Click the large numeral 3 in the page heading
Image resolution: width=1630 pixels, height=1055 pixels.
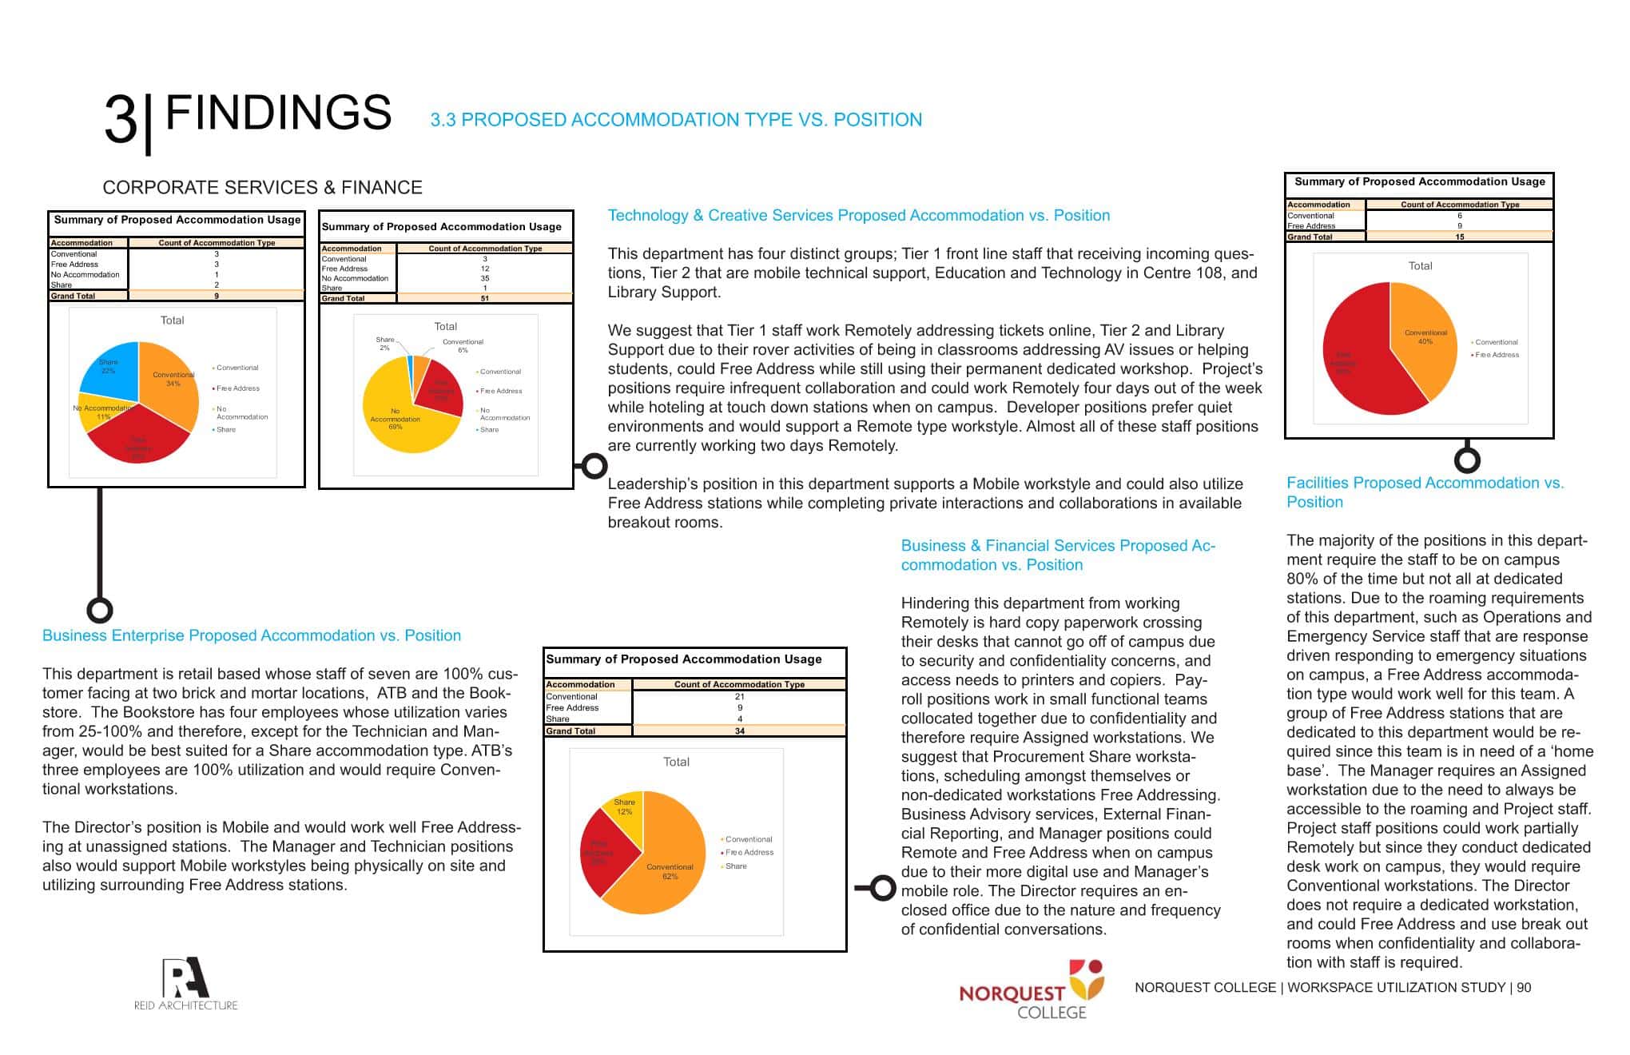(x=121, y=120)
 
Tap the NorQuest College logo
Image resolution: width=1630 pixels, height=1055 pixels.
(x=1033, y=991)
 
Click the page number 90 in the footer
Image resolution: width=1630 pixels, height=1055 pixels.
(x=1524, y=988)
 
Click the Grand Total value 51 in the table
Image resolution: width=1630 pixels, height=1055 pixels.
(x=485, y=298)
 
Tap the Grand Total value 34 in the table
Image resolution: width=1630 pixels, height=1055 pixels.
(x=739, y=731)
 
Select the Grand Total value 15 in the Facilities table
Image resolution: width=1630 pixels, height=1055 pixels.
(x=1459, y=237)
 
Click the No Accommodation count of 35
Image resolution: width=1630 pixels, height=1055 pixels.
(x=485, y=278)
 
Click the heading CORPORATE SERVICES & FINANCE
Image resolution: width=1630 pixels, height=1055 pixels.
(x=262, y=188)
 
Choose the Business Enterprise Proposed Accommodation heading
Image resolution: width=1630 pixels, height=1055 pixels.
(x=252, y=636)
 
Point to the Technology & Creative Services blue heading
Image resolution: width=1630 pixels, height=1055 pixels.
(x=858, y=216)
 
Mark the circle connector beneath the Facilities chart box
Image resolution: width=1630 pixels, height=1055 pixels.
(x=1467, y=460)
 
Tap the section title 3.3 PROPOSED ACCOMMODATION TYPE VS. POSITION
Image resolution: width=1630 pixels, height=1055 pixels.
(x=676, y=120)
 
